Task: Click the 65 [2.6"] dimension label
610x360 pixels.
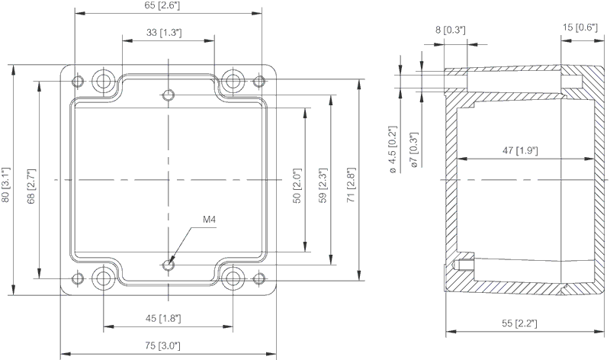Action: pos(168,6)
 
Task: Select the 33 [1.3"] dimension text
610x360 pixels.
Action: pos(168,34)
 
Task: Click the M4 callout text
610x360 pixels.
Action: pos(210,220)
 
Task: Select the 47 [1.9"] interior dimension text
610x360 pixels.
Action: pos(520,150)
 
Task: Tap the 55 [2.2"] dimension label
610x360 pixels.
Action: pos(518,323)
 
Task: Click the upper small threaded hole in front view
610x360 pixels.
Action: pos(169,95)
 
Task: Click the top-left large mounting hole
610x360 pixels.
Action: pos(103,79)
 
